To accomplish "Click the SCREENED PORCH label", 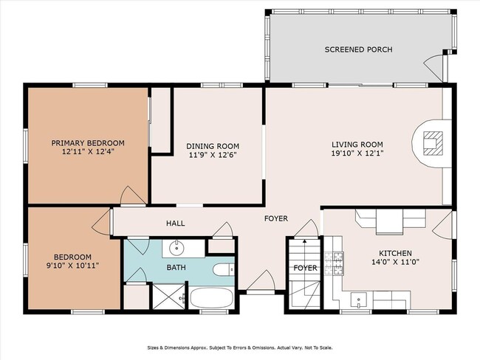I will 358,49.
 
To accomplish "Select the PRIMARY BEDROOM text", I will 87,142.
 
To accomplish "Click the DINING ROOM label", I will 212,146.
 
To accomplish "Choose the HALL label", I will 175,224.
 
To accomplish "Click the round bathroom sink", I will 177,247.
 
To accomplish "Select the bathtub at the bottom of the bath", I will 211,299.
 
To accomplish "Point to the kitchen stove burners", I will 335,260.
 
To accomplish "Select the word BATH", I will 176,268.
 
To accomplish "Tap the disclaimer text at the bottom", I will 240,347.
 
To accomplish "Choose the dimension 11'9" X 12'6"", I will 212,156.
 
